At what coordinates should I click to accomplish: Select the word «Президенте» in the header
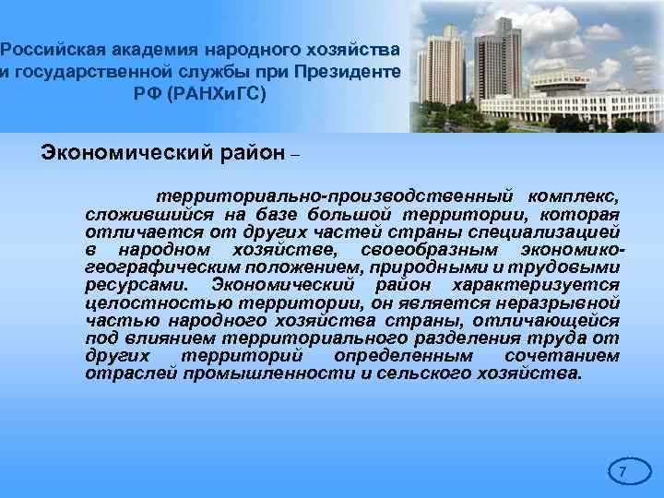tap(347, 70)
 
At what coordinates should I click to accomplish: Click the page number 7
tap(622, 473)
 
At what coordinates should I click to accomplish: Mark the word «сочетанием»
tap(563, 355)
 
